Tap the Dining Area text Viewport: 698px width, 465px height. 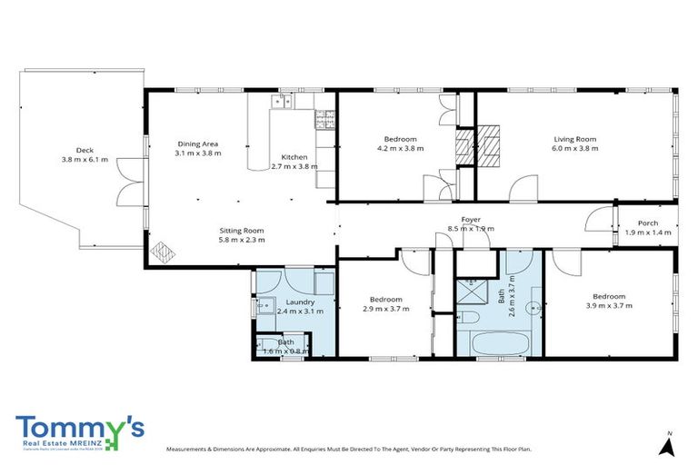[197, 143]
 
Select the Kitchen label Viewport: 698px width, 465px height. [294, 156]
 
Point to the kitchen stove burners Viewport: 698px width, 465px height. [322, 116]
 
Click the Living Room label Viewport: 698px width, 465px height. [576, 139]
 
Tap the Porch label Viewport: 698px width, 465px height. [647, 223]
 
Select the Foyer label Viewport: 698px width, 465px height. [471, 219]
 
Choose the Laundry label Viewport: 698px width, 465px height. [299, 302]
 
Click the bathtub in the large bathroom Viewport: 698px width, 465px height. [496, 344]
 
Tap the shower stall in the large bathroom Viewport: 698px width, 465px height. [474, 292]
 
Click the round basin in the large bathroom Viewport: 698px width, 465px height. [535, 306]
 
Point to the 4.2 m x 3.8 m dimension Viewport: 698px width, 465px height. [400, 149]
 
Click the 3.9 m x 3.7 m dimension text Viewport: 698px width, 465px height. [608, 306]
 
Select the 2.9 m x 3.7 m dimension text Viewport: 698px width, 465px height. [385, 309]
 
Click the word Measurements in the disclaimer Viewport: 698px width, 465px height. [188, 449]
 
